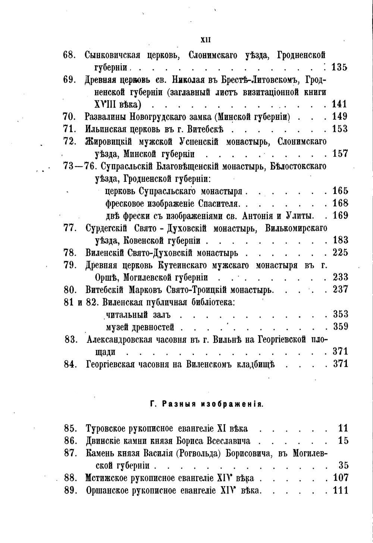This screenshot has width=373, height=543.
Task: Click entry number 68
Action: click(69, 56)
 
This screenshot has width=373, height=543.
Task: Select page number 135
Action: click(339, 68)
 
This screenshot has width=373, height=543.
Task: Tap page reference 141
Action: click(339, 104)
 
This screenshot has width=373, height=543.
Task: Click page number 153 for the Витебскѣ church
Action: click(340, 129)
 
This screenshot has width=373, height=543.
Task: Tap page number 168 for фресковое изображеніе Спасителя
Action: click(340, 203)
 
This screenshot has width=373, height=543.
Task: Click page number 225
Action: click(340, 252)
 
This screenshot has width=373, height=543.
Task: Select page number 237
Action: click(340, 289)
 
